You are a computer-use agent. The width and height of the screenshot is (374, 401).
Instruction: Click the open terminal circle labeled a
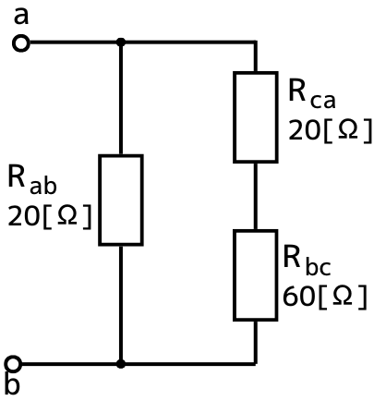tap(21, 43)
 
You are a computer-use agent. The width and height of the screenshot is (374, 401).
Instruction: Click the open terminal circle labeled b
tap(13, 364)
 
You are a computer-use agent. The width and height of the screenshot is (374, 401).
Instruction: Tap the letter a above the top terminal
tap(21, 17)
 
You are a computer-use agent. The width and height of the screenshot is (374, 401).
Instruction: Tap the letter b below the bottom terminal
tap(13, 384)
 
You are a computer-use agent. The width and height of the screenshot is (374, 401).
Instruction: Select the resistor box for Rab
tap(121, 200)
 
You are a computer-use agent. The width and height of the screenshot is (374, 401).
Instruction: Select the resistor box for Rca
tap(256, 117)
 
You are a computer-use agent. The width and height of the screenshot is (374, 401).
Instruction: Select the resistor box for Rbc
tap(256, 275)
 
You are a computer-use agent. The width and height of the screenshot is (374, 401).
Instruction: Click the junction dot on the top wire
tap(121, 42)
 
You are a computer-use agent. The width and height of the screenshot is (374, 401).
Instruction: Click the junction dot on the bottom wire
tap(121, 364)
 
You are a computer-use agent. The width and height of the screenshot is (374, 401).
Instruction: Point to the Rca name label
tap(312, 93)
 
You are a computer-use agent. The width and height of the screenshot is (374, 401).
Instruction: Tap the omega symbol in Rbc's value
tap(343, 296)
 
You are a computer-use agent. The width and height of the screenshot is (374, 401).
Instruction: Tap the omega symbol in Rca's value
tap(348, 130)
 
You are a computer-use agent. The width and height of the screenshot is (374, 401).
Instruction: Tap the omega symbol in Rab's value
tap(67, 215)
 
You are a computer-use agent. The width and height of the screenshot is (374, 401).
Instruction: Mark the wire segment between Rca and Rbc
tap(256, 196)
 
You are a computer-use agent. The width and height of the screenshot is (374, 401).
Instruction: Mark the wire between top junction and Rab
tap(121, 98)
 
